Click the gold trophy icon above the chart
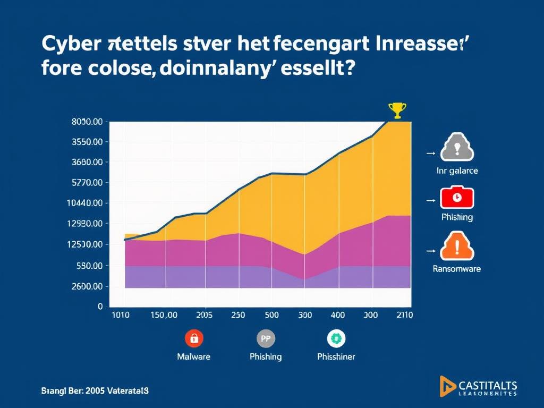pos(397,110)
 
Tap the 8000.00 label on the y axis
pos(86,122)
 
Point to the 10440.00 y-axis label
pos(86,203)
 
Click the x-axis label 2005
pos(204,314)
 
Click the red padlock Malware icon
pos(193,338)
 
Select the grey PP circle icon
pos(265,338)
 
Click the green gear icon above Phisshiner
pos(336,338)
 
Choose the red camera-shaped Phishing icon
pos(457,198)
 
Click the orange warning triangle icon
pos(457,245)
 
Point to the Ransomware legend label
pos(457,269)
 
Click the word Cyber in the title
pos(69,44)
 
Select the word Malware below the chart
pos(193,356)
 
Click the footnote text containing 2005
pos(95,390)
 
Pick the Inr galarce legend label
pos(457,171)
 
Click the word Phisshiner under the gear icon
pos(336,356)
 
